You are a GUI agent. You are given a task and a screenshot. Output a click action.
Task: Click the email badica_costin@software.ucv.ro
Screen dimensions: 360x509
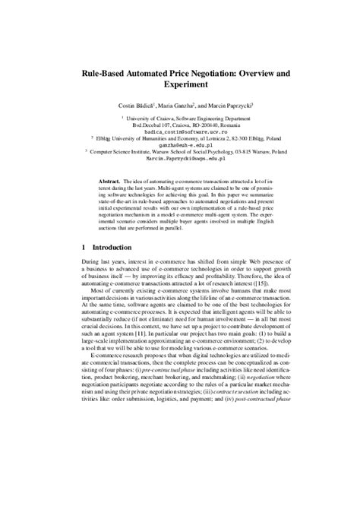180,131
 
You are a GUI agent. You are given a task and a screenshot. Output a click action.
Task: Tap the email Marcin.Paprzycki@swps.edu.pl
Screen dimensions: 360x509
180,160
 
